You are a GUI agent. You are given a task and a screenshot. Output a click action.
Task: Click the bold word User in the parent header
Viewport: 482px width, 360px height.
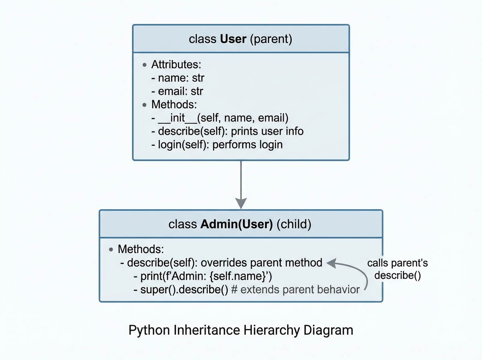click(x=233, y=39)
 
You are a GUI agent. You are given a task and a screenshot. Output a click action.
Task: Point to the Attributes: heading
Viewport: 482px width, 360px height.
click(x=176, y=64)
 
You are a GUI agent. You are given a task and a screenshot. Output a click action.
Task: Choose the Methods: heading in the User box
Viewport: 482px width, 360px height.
click(x=174, y=105)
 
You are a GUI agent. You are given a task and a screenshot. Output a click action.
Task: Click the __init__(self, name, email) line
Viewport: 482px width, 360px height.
click(x=220, y=118)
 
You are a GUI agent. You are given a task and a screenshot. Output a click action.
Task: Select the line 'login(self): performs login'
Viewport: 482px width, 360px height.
click(x=217, y=145)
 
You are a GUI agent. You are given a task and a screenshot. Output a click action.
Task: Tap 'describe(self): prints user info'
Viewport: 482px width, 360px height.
click(x=227, y=131)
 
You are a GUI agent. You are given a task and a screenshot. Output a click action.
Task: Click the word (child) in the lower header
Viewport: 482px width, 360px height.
click(x=294, y=224)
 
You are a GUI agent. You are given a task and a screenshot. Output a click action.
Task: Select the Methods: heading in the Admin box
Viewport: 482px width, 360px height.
click(x=141, y=249)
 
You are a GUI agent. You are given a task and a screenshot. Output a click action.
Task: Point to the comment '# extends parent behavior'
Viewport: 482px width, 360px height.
click(x=295, y=289)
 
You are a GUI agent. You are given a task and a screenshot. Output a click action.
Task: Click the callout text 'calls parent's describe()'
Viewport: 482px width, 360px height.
click(x=397, y=270)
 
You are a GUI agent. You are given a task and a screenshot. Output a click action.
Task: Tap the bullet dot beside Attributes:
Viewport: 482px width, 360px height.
click(x=145, y=65)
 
